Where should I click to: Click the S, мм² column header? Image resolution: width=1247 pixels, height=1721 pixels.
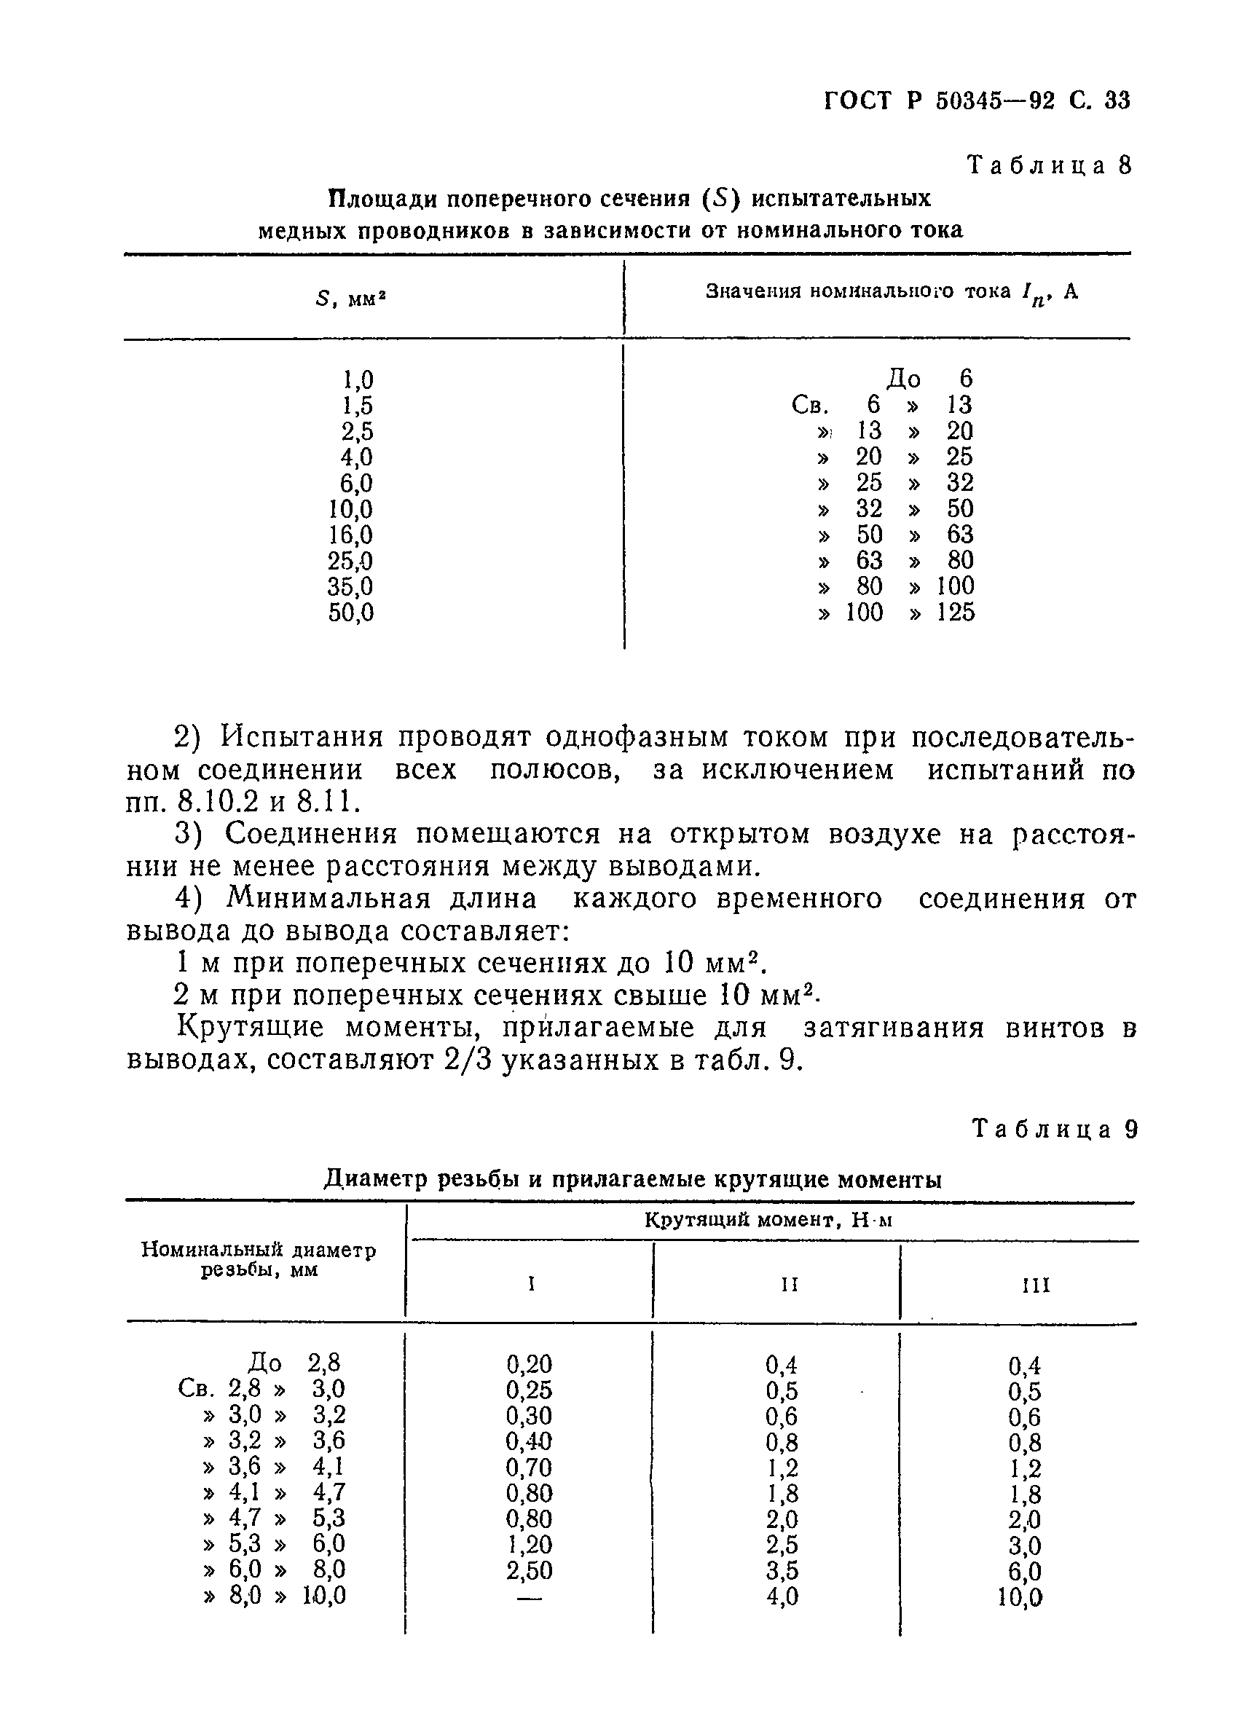click(x=350, y=299)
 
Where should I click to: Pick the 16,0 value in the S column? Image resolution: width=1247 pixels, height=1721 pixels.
click(x=350, y=536)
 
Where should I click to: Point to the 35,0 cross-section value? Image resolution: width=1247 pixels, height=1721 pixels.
click(x=350, y=587)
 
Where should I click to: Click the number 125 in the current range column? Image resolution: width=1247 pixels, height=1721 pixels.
click(x=956, y=613)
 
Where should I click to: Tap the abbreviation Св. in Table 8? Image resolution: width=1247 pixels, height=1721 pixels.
click(x=809, y=406)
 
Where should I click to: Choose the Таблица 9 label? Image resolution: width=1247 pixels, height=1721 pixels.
click(x=1055, y=1130)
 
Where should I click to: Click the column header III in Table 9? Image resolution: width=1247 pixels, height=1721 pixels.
click(x=1035, y=1285)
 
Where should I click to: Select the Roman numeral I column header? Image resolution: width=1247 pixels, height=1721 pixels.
click(x=531, y=1284)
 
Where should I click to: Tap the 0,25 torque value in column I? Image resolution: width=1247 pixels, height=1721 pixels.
click(x=529, y=1390)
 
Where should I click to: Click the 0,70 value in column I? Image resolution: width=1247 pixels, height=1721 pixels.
click(x=529, y=1468)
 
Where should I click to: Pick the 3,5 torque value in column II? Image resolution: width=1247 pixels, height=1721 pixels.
click(x=782, y=1571)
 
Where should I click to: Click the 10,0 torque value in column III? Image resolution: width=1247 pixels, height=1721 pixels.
click(x=1020, y=1598)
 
